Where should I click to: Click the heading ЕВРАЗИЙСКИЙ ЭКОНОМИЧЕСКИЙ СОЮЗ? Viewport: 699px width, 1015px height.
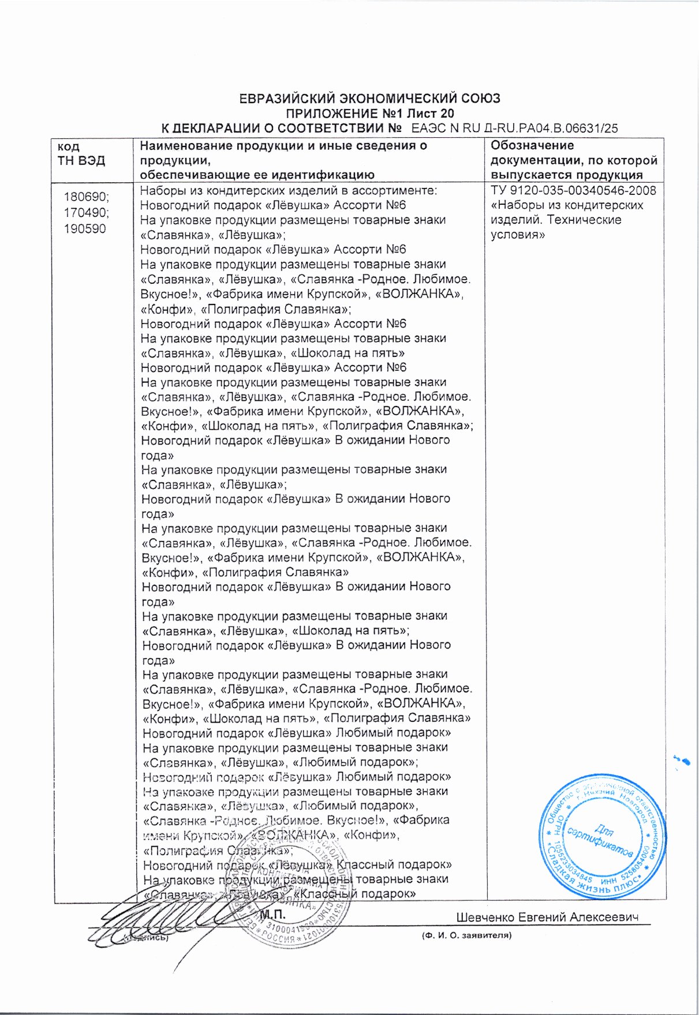pyautogui.click(x=369, y=98)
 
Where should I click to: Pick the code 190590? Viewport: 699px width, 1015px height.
pyautogui.click(x=85, y=228)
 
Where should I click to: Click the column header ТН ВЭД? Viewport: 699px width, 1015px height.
pyautogui.click(x=81, y=160)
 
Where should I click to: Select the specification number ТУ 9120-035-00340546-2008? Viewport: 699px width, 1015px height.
pyautogui.click(x=573, y=190)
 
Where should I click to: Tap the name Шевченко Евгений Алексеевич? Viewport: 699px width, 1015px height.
pyautogui.click(x=547, y=917)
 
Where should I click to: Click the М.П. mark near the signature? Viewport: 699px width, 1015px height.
pyautogui.click(x=272, y=915)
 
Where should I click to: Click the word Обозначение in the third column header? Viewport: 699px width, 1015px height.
pyautogui.click(x=532, y=145)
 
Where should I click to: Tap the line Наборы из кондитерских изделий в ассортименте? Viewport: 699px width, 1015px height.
pyautogui.click(x=289, y=190)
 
